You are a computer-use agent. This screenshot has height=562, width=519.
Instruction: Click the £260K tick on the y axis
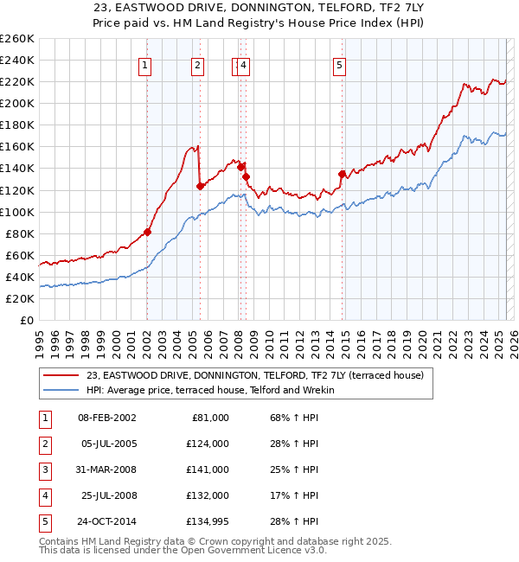coord(17,39)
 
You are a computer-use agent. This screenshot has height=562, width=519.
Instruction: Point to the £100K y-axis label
coord(17,212)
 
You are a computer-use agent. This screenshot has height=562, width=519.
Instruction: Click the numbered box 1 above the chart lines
coord(144,65)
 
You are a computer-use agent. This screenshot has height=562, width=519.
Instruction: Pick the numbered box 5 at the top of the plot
coord(339,65)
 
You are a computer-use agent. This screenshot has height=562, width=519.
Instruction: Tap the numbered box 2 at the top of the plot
coord(198,65)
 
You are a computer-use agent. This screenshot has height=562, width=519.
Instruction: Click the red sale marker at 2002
coord(147,232)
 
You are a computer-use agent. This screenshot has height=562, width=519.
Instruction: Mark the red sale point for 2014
coord(342,174)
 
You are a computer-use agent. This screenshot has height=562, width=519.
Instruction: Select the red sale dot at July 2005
coord(200,185)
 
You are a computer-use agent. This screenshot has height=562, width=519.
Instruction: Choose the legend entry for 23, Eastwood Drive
coord(254,375)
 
